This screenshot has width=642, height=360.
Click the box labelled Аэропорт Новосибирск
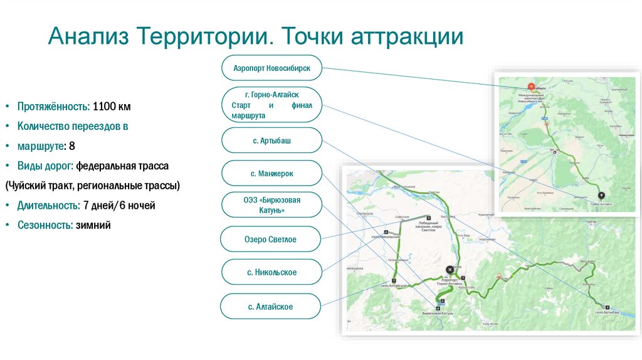tap(272, 67)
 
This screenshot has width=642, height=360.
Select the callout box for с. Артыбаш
tap(272, 141)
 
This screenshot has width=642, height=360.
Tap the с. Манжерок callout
tap(272, 173)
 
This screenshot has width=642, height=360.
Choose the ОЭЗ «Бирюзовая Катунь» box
tap(272, 205)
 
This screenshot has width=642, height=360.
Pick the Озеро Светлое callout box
tap(271, 240)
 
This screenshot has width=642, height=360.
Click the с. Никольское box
tap(271, 272)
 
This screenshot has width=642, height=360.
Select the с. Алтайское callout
tap(271, 307)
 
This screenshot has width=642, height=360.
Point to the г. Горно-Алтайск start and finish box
tap(272, 104)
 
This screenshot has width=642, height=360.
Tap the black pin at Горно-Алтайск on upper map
tap(602, 195)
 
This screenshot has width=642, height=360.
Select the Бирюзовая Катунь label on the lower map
tap(437, 312)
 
